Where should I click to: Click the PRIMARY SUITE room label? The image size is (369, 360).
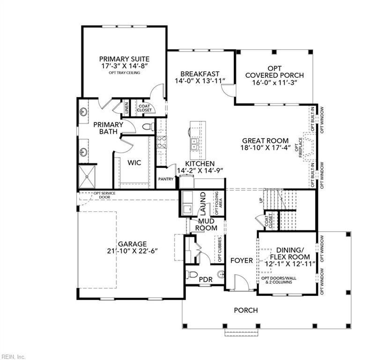pos(124,59)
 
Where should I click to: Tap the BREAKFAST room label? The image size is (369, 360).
pos(200,74)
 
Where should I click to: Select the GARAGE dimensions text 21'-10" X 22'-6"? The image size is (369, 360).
pos(133,251)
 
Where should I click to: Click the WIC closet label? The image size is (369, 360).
pos(135,162)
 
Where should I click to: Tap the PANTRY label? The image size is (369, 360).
pos(166,179)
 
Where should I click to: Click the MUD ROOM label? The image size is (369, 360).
pos(207,225)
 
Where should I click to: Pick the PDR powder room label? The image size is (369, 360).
pos(206,280)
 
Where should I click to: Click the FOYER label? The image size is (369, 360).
pos(242,260)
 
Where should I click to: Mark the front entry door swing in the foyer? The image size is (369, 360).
pos(239,283)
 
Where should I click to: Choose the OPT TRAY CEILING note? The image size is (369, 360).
pos(124,73)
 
